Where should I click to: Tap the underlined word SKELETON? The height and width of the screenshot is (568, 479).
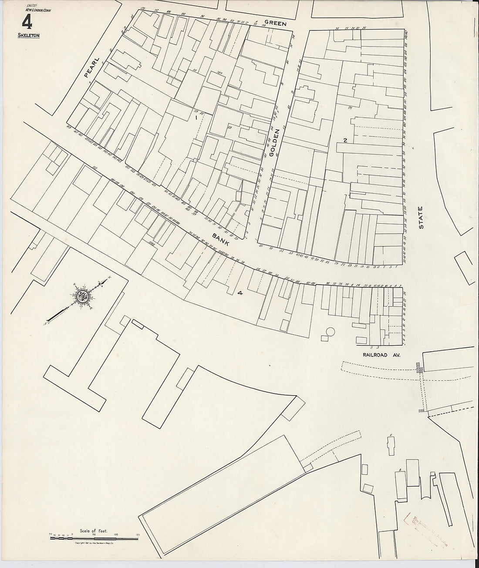point(27,35)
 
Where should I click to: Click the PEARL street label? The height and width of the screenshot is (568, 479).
point(92,67)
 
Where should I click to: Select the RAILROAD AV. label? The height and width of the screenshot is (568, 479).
point(381,355)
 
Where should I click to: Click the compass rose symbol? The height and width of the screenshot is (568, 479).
point(81,297)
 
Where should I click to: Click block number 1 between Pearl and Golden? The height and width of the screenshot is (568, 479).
point(196,118)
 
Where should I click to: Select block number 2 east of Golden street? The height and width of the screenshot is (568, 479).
point(345,140)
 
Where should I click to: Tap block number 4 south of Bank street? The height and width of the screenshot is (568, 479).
point(239,293)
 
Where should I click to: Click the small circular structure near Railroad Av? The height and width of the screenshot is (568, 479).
point(330,332)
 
